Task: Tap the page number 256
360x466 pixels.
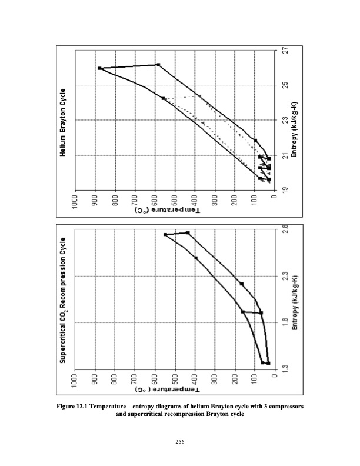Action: coord(180,451)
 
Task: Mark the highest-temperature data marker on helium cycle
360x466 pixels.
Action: coord(100,68)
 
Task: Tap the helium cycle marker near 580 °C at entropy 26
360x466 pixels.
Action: coord(158,65)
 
